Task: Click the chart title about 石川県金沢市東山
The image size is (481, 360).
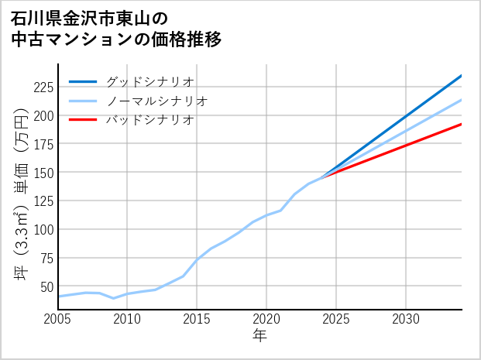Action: click(116, 28)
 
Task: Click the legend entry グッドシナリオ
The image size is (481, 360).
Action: click(149, 81)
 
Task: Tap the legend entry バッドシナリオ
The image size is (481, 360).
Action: click(149, 120)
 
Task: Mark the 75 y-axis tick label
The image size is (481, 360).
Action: click(46, 258)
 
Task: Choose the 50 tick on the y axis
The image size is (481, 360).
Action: click(46, 286)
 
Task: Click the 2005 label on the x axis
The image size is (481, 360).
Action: click(58, 319)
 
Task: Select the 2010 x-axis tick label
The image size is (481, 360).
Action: click(127, 319)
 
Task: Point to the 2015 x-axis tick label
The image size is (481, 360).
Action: click(197, 319)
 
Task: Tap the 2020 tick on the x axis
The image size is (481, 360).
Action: click(266, 319)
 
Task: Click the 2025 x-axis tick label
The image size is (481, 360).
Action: click(336, 319)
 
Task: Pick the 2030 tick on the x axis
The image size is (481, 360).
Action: click(406, 319)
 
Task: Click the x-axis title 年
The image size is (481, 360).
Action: click(259, 336)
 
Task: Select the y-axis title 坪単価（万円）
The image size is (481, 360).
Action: click(21, 194)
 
